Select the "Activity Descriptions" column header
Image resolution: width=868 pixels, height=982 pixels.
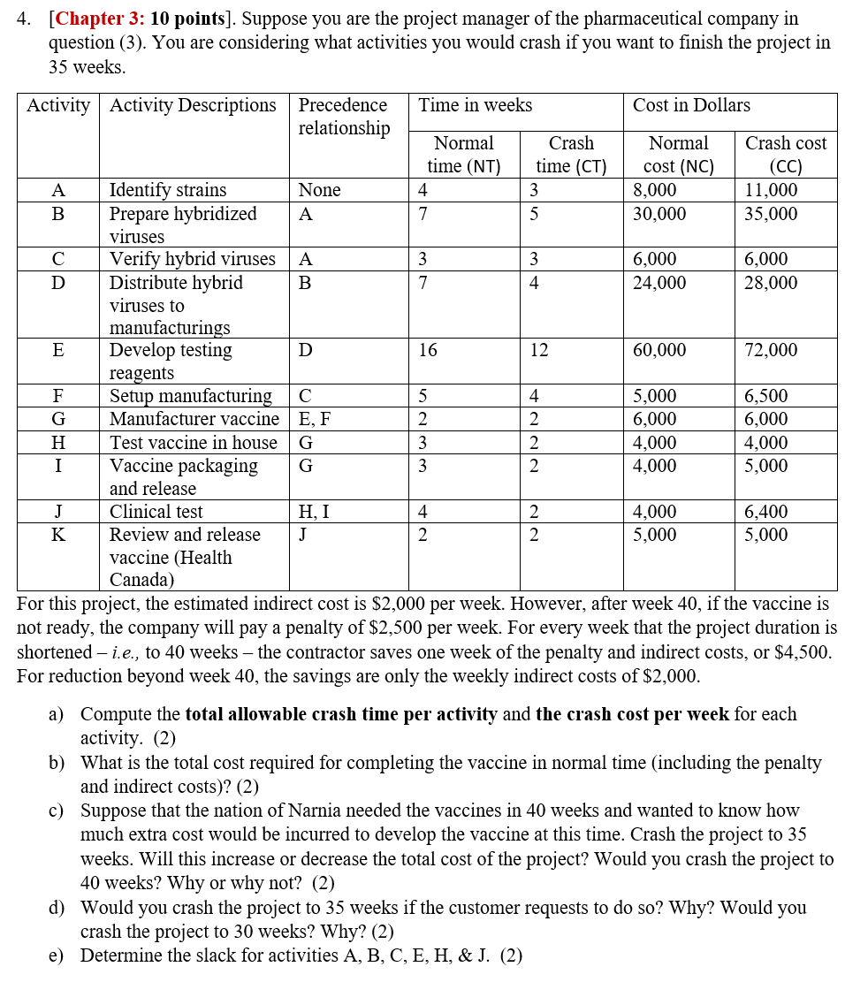click(x=193, y=105)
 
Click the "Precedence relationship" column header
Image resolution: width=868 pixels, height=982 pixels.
click(x=344, y=117)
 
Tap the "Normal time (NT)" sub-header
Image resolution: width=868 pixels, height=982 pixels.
click(x=464, y=155)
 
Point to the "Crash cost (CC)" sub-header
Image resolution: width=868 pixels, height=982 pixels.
click(x=786, y=155)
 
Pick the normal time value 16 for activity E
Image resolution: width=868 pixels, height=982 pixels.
click(x=428, y=351)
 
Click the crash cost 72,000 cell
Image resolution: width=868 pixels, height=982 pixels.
click(x=771, y=351)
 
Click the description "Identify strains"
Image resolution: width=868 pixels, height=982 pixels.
click(x=168, y=190)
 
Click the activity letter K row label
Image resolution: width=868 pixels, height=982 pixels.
click(x=58, y=535)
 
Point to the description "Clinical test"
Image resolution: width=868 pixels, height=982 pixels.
click(x=156, y=512)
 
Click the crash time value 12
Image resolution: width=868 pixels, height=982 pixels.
click(x=539, y=351)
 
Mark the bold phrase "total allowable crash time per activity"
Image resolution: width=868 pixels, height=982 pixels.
click(x=341, y=714)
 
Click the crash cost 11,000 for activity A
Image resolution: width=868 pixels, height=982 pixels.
click(x=771, y=190)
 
